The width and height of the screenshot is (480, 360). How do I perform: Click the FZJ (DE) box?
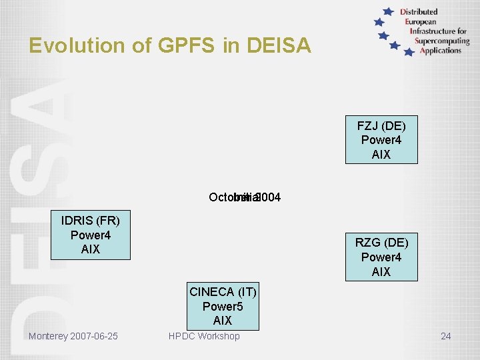point(381,140)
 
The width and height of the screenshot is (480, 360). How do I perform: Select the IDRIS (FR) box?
point(91,235)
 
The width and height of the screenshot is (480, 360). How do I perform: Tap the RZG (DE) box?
point(381,257)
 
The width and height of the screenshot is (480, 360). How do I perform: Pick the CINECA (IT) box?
point(223,306)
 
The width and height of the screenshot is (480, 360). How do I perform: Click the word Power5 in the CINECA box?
point(223,307)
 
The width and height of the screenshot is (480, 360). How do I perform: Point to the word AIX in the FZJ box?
point(381,155)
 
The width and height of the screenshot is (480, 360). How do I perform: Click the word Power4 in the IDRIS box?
point(91,235)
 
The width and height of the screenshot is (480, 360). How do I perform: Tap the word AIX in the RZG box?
point(381,272)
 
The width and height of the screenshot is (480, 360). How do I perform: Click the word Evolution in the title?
point(68,45)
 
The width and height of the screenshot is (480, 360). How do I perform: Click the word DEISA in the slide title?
point(279,45)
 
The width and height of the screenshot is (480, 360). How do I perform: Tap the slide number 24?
point(445,336)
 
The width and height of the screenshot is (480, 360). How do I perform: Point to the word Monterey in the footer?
point(47,336)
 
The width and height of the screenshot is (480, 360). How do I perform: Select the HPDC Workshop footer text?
point(204,336)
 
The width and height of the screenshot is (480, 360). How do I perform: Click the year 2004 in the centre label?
point(268,197)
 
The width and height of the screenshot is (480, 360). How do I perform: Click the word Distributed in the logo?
point(419,11)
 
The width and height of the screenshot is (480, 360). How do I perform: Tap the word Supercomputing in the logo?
point(442,41)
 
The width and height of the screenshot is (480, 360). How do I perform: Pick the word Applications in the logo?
point(441,51)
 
